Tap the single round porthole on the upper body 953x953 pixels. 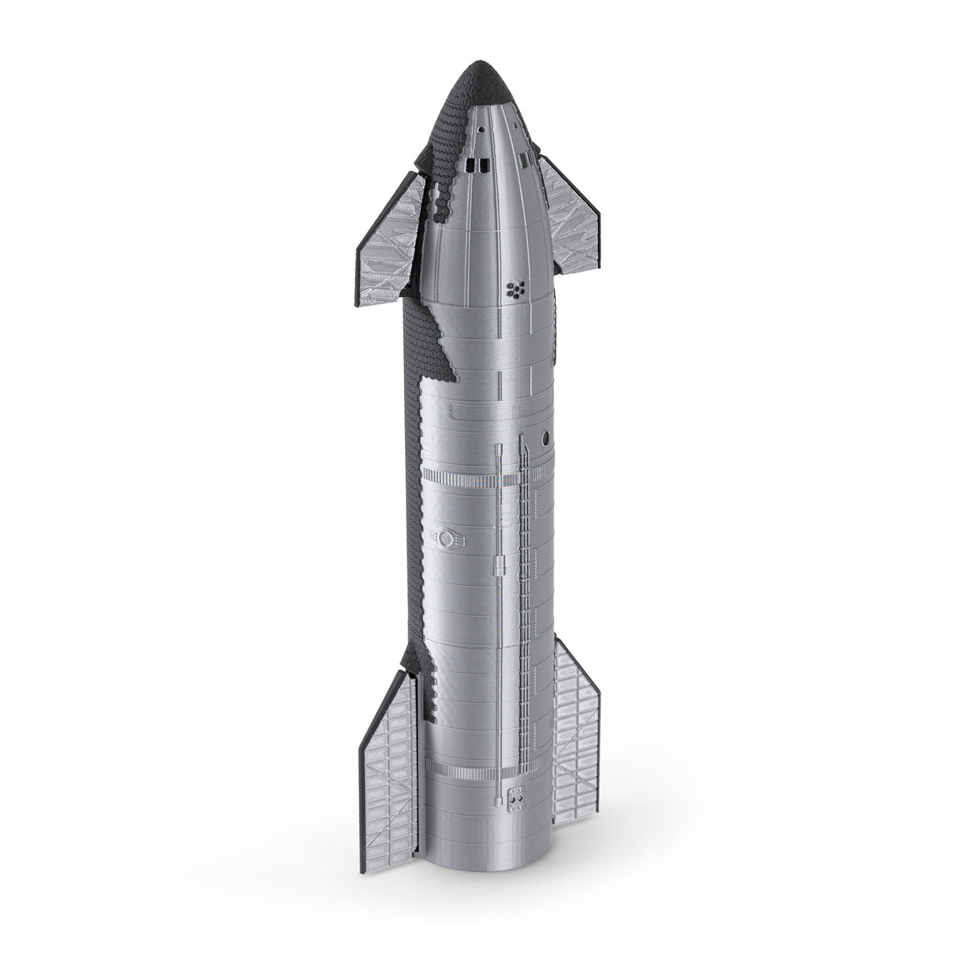coord(546,438)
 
